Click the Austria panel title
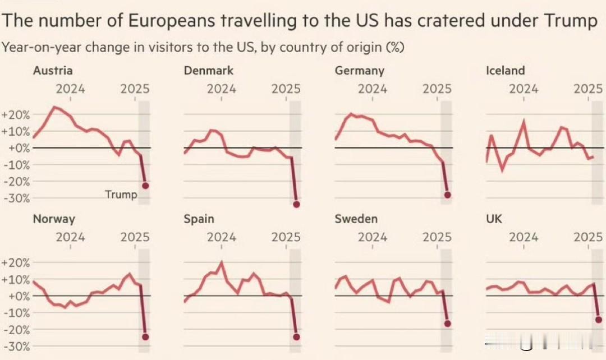pyautogui.click(x=52, y=71)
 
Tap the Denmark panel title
pyautogui.click(x=208, y=71)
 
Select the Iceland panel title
pyautogui.click(x=505, y=71)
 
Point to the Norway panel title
pyautogui.click(x=53, y=219)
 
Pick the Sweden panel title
pyautogui.click(x=356, y=219)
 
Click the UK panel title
pyautogui.click(x=494, y=219)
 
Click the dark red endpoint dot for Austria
pyautogui.click(x=145, y=186)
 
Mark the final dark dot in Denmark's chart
pyautogui.click(x=296, y=205)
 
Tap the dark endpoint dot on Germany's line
pyautogui.click(x=447, y=195)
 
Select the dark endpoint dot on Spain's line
pyautogui.click(x=296, y=337)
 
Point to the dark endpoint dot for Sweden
pyautogui.click(x=447, y=324)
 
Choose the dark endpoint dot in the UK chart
pyautogui.click(x=599, y=320)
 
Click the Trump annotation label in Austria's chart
pyautogui.click(x=121, y=195)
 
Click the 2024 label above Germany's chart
pyautogui.click(x=373, y=89)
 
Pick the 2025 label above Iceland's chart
pyautogui.click(x=588, y=89)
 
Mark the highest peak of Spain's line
pyautogui.click(x=221, y=262)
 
